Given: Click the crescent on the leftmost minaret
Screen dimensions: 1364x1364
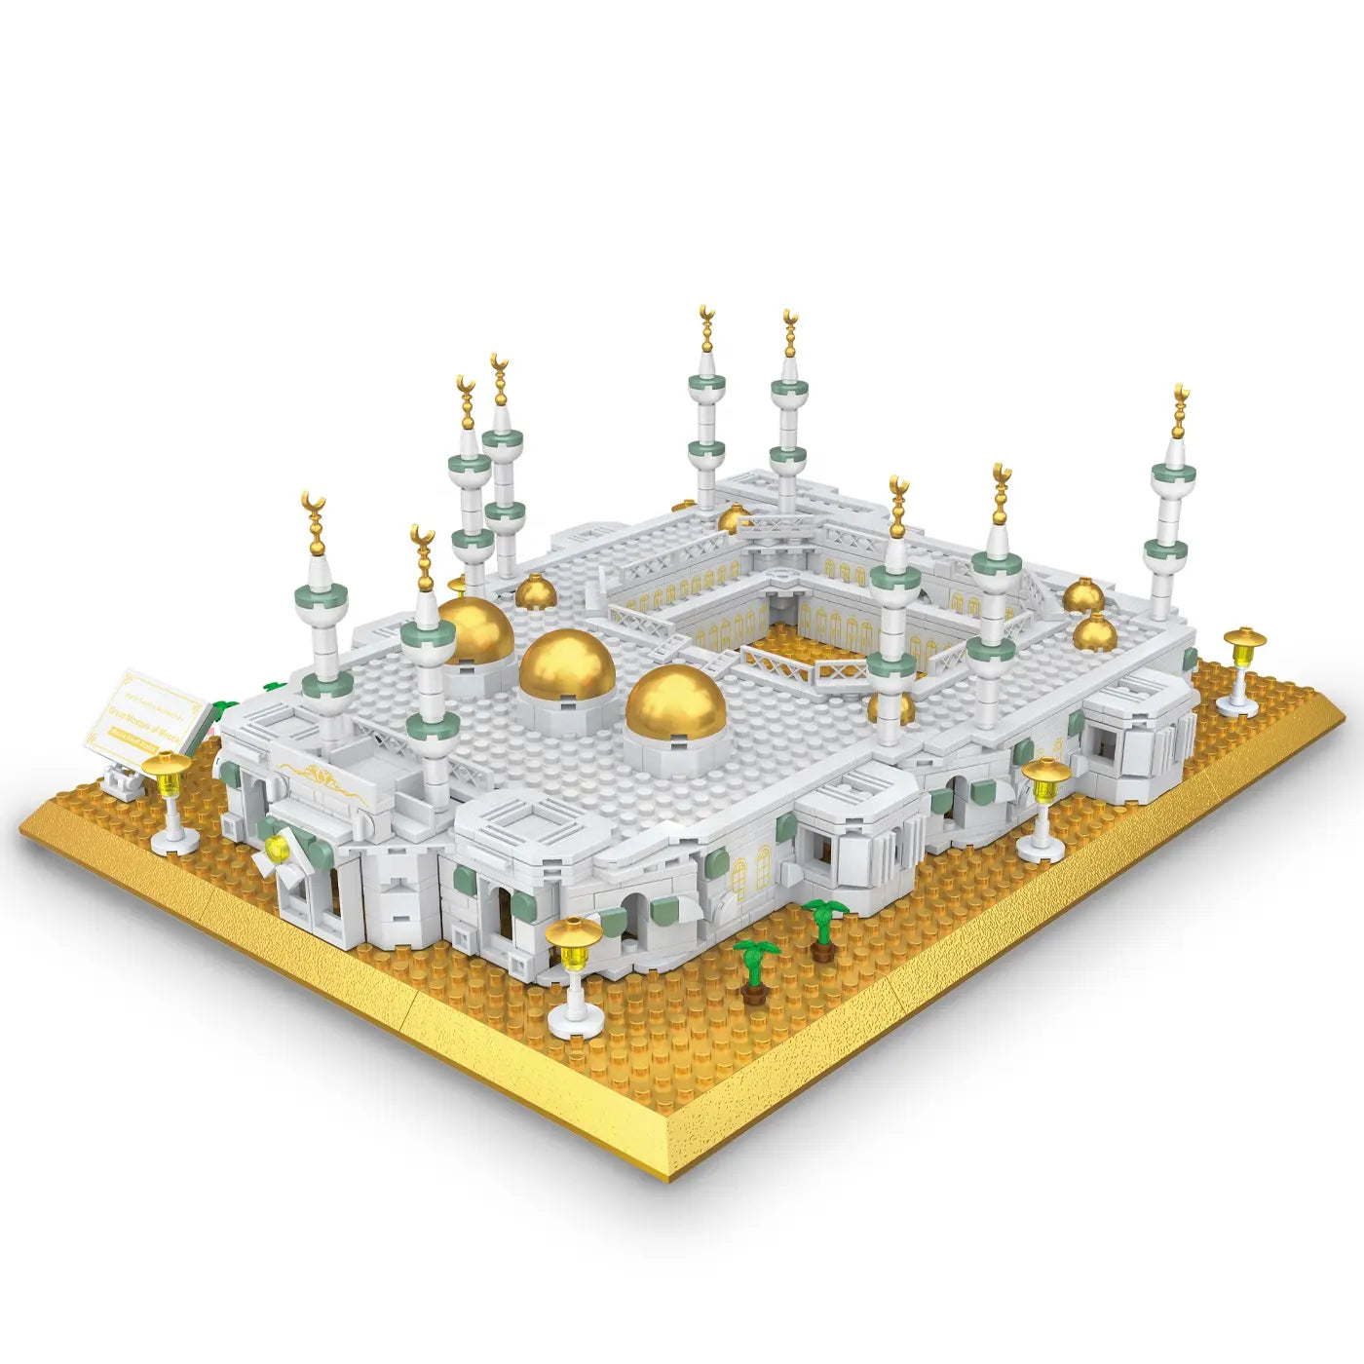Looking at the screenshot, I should click(313, 504).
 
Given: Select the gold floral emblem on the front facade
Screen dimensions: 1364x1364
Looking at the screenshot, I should click(314, 777).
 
